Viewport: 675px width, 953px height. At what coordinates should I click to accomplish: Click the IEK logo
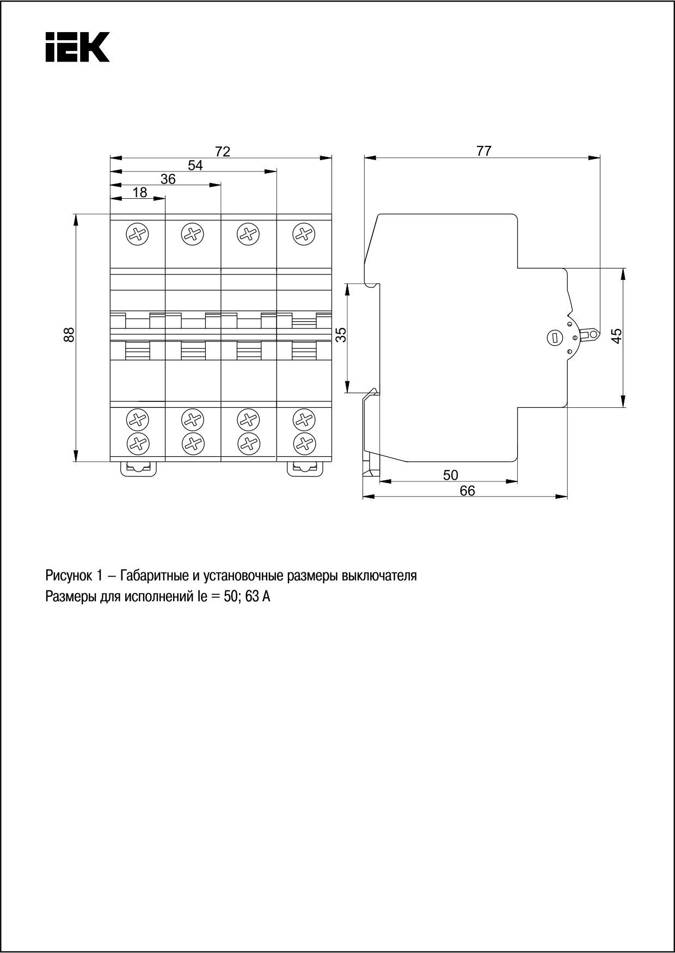(x=77, y=47)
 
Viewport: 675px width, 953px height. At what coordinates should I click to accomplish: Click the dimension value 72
(x=223, y=151)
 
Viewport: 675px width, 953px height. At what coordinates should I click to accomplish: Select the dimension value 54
(x=195, y=165)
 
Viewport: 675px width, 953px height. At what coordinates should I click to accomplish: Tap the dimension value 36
(x=168, y=179)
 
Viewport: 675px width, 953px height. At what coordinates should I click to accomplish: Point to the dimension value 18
(x=140, y=192)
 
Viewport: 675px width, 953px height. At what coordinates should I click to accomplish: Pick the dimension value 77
(x=483, y=151)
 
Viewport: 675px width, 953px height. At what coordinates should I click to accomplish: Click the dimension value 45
(x=617, y=335)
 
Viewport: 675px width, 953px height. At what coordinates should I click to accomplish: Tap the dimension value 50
(x=450, y=475)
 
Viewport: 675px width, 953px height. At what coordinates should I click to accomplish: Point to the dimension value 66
(x=467, y=491)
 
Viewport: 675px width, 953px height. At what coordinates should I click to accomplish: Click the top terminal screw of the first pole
(x=137, y=235)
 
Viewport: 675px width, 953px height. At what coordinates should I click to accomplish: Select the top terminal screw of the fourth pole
(x=304, y=235)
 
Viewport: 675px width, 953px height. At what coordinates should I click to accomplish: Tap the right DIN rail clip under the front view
(x=305, y=468)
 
